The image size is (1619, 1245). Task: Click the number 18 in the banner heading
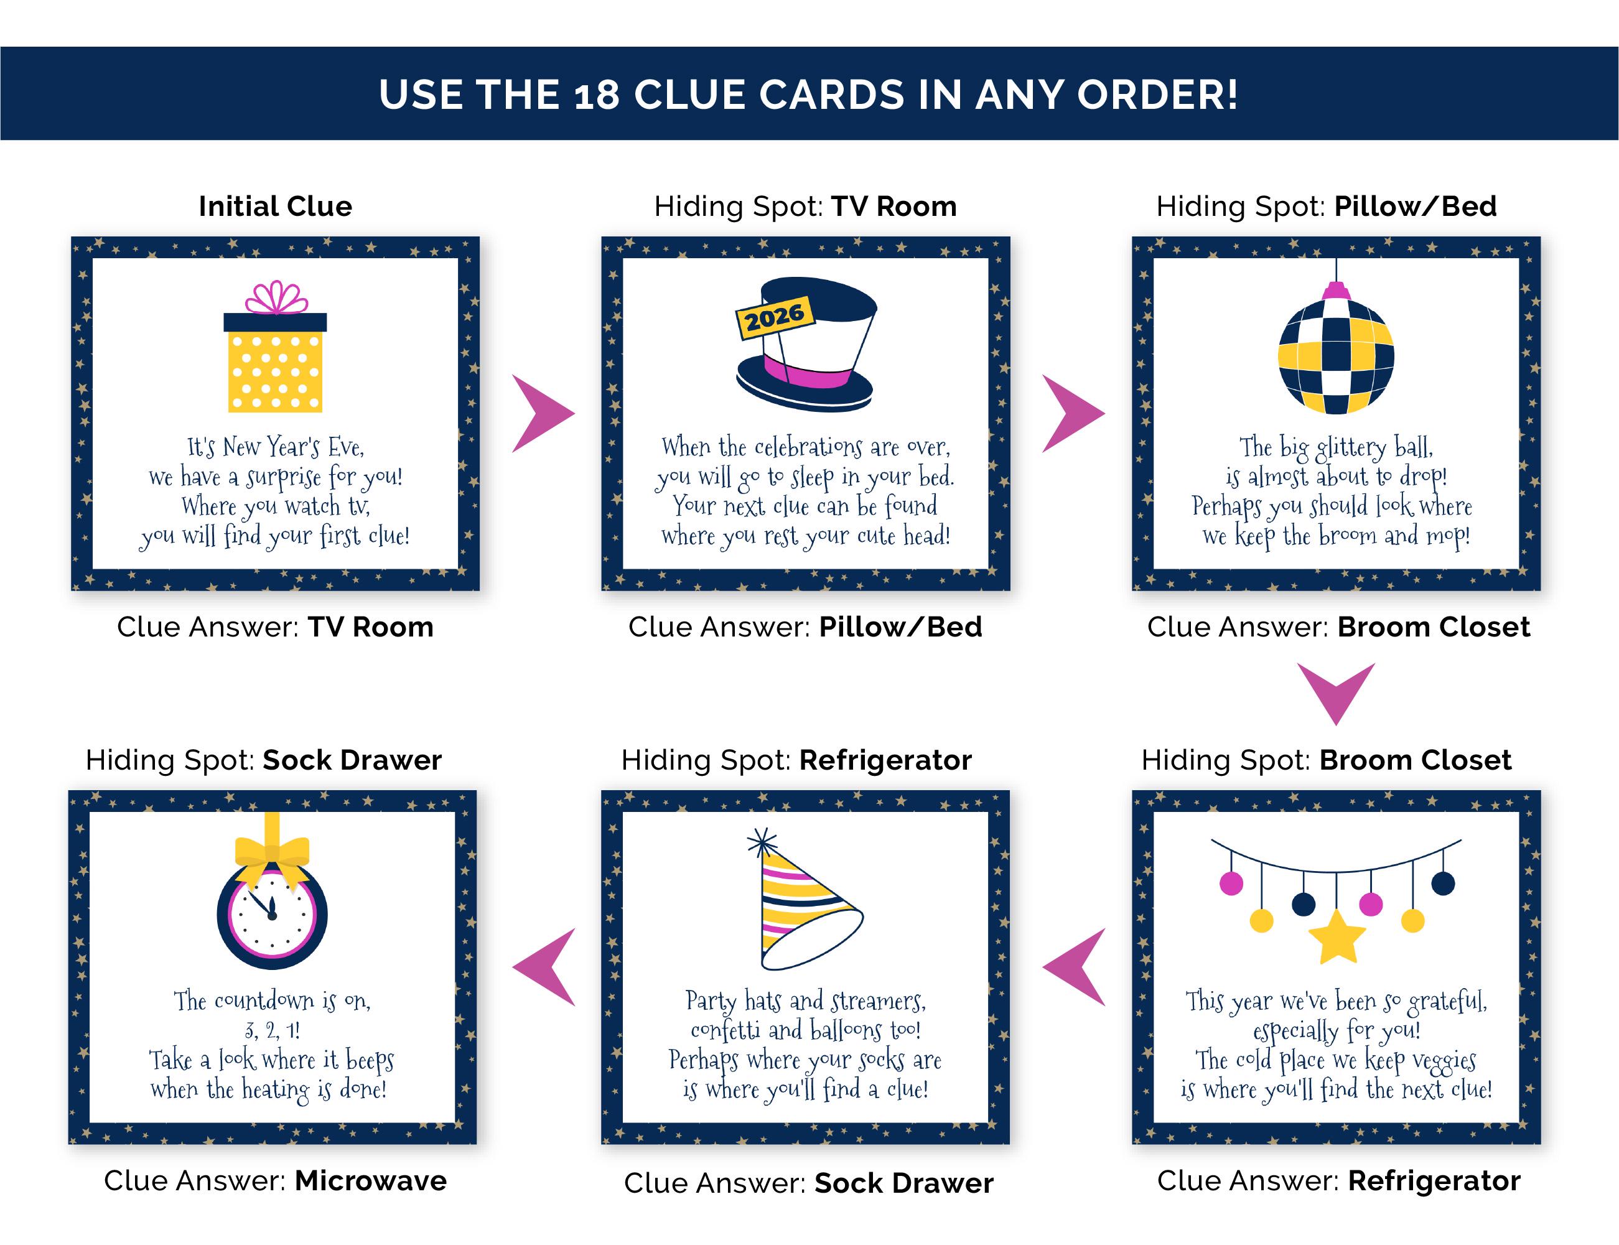[x=597, y=95]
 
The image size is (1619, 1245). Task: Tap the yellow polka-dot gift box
[x=275, y=361]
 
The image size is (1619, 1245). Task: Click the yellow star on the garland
[x=1337, y=937]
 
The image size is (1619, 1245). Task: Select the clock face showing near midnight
[x=272, y=914]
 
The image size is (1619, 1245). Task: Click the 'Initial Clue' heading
[x=276, y=206]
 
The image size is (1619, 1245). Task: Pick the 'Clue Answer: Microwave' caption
[x=276, y=1180]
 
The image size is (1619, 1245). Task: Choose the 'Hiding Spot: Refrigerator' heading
[x=796, y=760]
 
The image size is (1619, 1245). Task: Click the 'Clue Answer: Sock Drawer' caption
[x=808, y=1183]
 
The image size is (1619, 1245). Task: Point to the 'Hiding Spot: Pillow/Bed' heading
[x=1327, y=206]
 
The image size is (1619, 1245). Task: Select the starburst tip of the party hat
[x=762, y=842]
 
